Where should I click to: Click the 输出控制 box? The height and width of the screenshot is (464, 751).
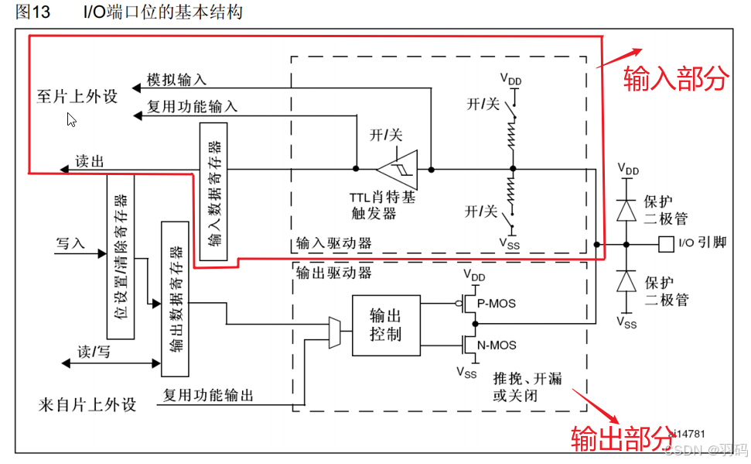(387, 325)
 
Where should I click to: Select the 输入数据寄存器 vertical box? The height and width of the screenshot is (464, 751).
(213, 190)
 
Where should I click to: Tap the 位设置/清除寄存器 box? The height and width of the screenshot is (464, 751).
(120, 256)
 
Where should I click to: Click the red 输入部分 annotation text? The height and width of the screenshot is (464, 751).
(676, 78)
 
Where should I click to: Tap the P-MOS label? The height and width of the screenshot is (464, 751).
(497, 304)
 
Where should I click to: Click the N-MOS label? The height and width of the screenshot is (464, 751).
(497, 345)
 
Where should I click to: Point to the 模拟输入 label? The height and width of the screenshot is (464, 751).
(176, 79)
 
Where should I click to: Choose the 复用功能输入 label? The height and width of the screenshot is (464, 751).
(192, 106)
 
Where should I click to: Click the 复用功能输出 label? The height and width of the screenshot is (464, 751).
(208, 395)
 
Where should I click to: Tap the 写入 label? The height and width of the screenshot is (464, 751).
(70, 242)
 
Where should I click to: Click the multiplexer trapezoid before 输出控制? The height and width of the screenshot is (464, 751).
(334, 332)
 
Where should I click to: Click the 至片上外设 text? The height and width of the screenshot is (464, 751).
(77, 97)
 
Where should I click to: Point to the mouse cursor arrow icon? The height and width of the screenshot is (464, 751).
(71, 119)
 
